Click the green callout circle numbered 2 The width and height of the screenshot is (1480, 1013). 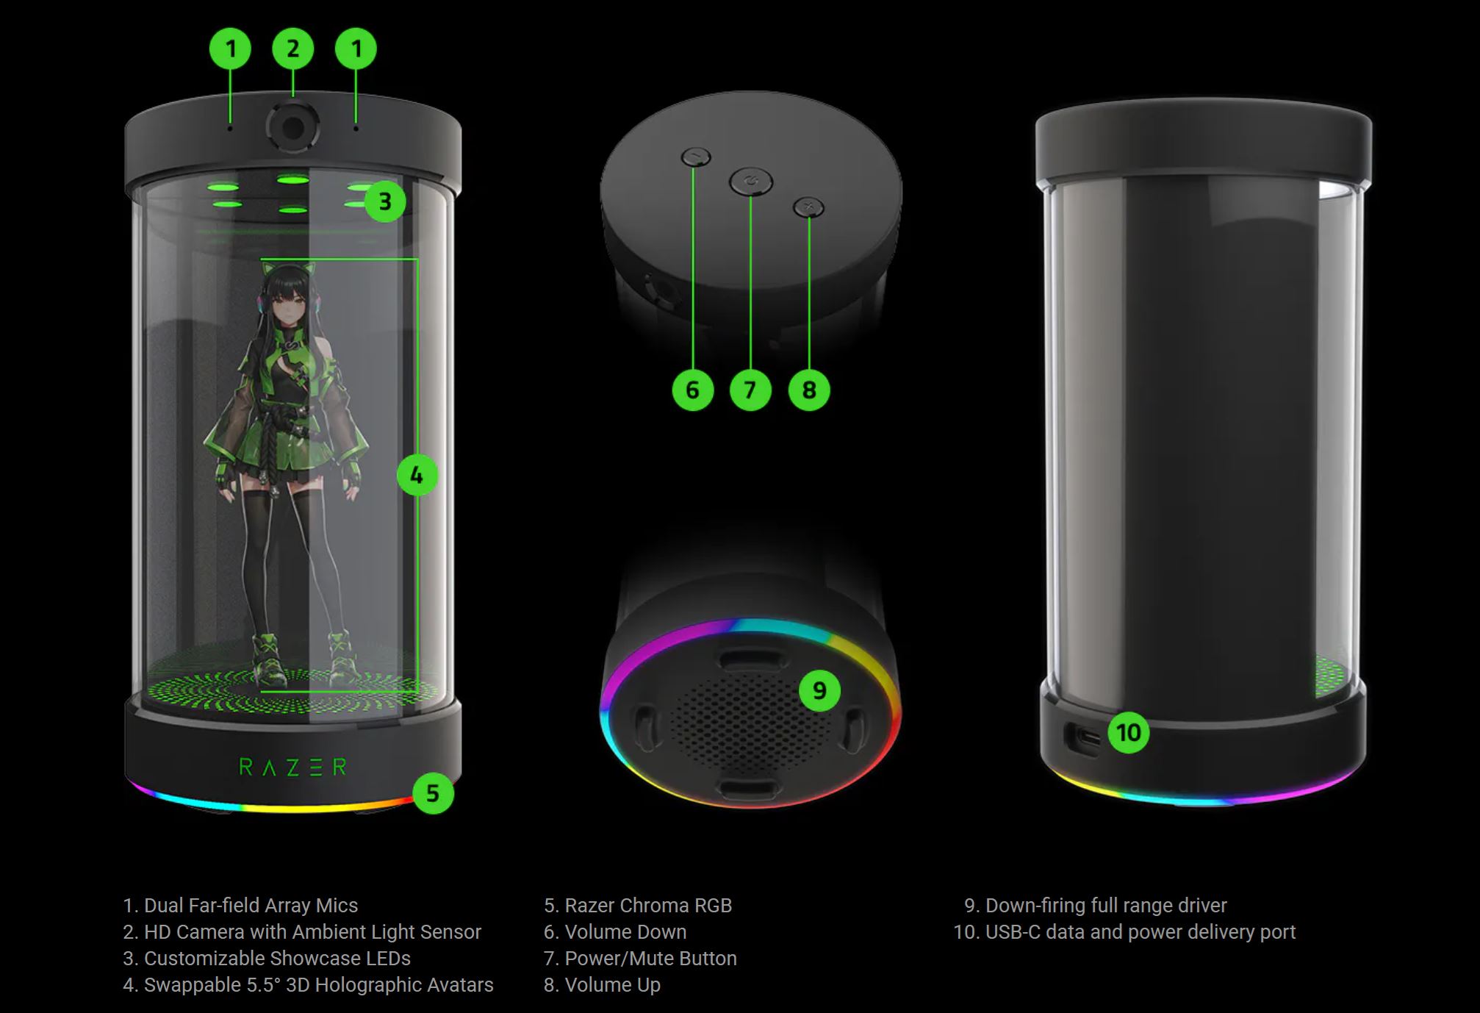coord(293,49)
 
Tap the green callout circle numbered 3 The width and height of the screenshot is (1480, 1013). coord(384,201)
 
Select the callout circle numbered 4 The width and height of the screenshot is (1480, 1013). coord(417,475)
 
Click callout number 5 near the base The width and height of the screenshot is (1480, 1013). coord(433,793)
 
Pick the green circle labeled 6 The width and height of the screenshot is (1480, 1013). coord(693,390)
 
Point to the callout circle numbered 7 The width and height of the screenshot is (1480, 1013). coord(750,390)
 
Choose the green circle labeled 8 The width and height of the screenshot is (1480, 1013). coord(809,390)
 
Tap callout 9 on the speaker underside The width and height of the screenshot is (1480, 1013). coord(819,690)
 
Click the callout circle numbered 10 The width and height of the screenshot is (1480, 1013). coord(1129,732)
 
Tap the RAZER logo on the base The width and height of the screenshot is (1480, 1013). coord(292,767)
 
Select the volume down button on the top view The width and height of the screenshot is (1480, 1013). coord(696,157)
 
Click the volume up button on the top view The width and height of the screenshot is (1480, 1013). coord(808,207)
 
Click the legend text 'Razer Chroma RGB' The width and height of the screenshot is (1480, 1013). coord(648,906)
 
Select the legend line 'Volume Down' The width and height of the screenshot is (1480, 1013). coord(625,932)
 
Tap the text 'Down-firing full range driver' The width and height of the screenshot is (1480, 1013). coord(1106,906)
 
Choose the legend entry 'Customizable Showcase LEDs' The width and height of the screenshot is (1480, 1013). coord(277,959)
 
